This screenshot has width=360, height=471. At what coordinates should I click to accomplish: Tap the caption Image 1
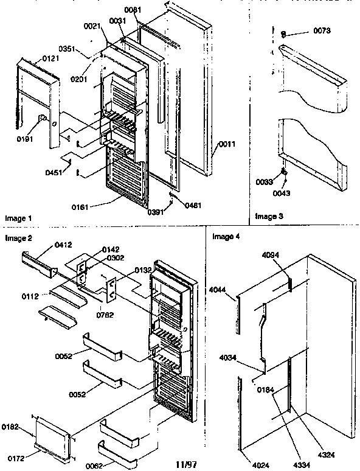coord(18,217)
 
